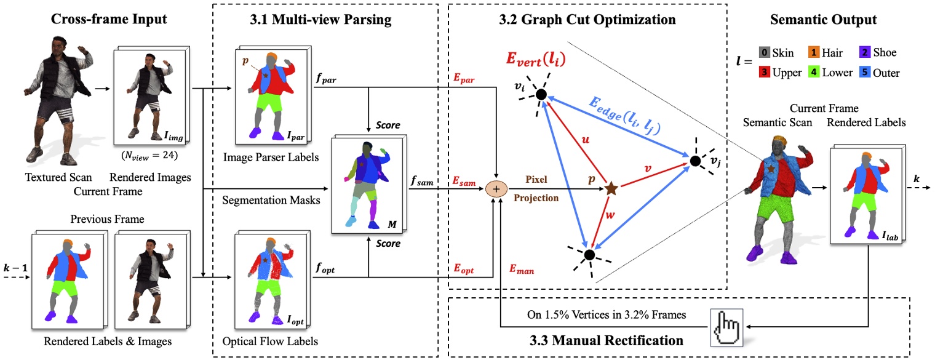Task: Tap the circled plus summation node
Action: coord(496,188)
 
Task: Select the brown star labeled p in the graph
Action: coord(611,188)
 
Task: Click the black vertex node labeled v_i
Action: coord(541,94)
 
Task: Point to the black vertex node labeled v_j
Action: coord(695,161)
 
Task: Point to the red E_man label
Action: coord(522,269)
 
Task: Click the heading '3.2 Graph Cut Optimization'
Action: coord(587,20)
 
